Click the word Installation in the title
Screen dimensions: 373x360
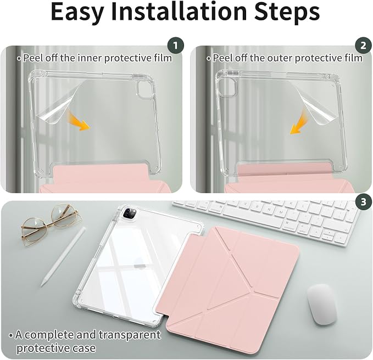click(179, 12)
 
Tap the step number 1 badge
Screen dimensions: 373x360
click(176, 46)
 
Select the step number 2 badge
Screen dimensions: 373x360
click(363, 46)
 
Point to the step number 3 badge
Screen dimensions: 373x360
click(363, 202)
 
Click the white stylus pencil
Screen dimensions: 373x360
click(63, 257)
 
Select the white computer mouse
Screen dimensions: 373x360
click(322, 304)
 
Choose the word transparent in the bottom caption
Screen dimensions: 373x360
click(130, 335)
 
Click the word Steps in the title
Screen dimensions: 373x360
click(287, 12)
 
